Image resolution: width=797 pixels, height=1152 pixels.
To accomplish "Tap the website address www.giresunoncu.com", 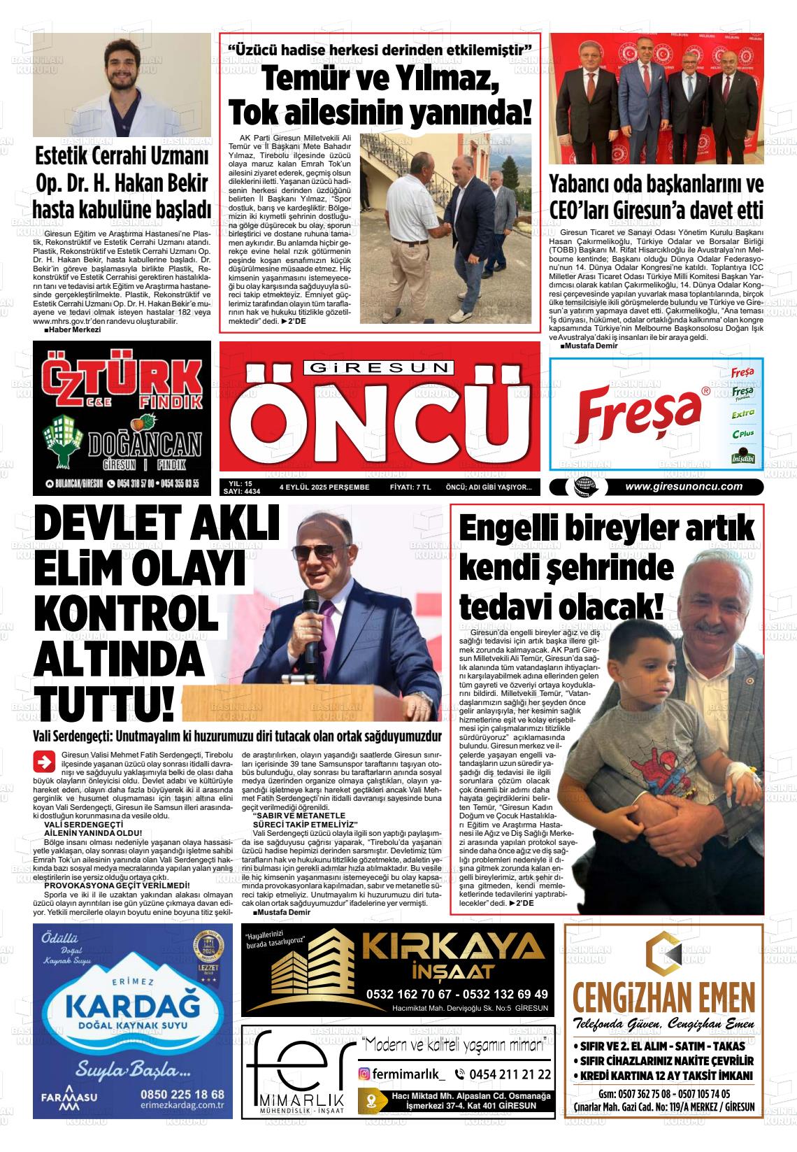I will point(683,487).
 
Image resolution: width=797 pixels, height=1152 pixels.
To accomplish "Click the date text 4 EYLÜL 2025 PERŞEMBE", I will point(324,488).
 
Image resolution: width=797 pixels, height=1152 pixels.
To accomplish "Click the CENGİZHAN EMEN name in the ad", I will point(663,995).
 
